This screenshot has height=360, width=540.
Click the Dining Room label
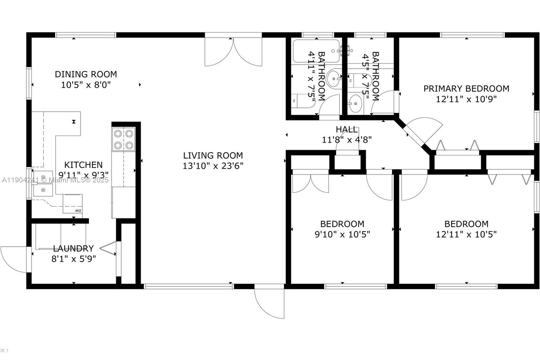[x=86, y=74]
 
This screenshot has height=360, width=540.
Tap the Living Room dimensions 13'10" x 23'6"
[x=213, y=166]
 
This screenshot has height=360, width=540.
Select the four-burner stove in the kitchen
[x=124, y=139]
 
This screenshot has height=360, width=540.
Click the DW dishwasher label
[x=78, y=211]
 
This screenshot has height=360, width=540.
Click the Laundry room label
[x=73, y=249]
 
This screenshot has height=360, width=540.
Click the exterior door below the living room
[x=269, y=301]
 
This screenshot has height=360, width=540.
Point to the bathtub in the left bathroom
[x=316, y=51]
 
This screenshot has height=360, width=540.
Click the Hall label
[x=347, y=129]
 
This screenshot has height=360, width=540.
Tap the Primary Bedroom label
[x=466, y=88]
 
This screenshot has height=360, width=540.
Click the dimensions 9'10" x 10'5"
[x=342, y=234]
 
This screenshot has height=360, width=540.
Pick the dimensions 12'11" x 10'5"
[x=466, y=234]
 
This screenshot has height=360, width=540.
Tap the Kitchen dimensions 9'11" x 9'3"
[x=83, y=175]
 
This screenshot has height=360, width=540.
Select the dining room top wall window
[x=86, y=35]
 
